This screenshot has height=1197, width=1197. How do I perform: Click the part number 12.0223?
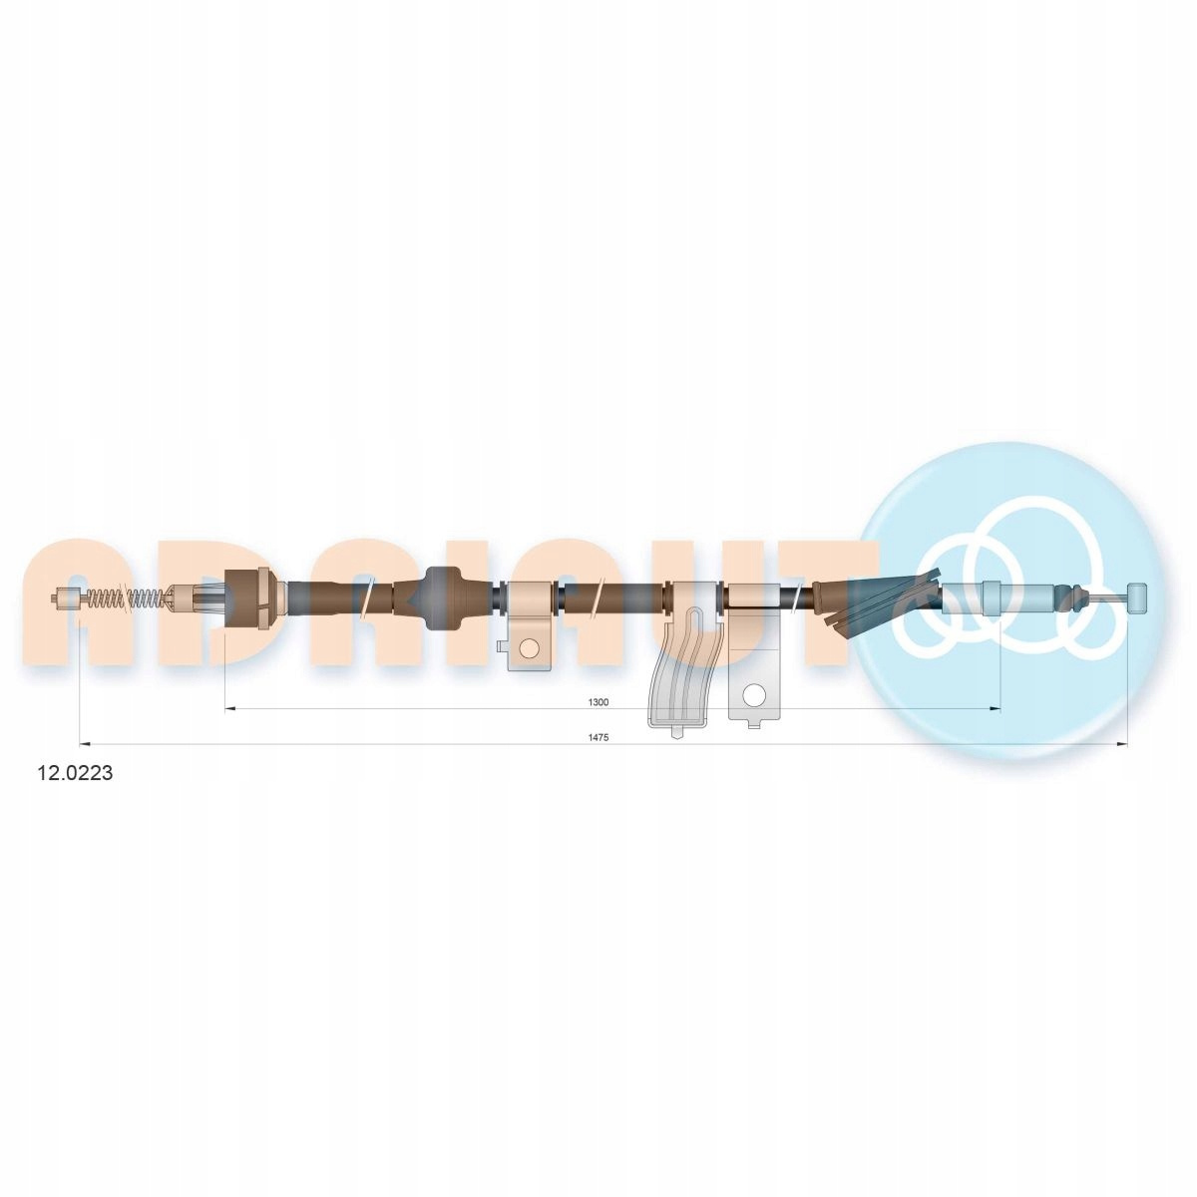click(75, 773)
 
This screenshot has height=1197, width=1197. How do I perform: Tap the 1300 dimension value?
click(598, 702)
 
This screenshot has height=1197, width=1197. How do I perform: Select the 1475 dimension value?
click(598, 737)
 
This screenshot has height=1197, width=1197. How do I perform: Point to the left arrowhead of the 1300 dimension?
click(228, 708)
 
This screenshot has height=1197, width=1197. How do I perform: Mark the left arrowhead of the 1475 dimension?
click(86, 743)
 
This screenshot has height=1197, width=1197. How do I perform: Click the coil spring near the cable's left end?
click(125, 598)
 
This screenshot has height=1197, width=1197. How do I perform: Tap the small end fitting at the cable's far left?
click(65, 598)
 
